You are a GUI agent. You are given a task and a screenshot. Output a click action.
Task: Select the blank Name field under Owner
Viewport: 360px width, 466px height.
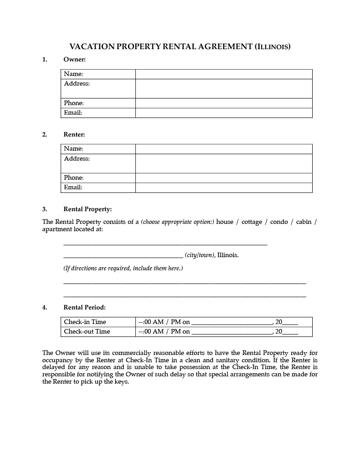223,74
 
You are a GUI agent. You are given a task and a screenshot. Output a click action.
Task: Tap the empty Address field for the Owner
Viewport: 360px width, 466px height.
223,88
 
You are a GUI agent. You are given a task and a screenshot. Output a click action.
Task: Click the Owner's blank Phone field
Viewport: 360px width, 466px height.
223,103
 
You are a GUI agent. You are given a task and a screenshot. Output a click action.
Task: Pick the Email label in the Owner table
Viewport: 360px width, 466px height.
73,113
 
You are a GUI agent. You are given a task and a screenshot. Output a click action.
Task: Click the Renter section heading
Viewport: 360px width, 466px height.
74,134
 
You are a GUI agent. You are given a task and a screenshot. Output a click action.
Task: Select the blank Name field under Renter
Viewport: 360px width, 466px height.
223,149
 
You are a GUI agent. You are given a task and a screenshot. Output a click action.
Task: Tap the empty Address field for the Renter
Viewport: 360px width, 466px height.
223,163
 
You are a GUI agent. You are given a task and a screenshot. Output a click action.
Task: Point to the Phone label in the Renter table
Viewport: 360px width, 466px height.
74,178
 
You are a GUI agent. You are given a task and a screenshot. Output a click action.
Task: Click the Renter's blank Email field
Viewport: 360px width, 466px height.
223,187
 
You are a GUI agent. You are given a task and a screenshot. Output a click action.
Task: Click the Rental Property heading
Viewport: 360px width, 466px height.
87,209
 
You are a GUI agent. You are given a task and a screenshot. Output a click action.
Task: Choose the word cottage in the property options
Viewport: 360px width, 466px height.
252,222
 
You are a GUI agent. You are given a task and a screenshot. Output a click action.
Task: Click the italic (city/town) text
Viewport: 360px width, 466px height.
199,255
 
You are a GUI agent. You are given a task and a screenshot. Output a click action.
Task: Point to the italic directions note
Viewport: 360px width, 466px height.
123,268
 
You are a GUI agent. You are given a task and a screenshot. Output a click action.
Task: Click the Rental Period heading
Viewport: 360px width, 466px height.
84,307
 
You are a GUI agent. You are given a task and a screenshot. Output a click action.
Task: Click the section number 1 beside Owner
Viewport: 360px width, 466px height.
45,59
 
